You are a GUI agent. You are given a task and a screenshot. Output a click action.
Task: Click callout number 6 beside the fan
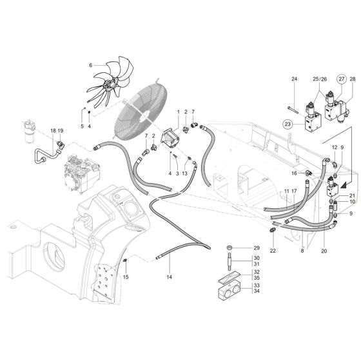[x=91, y=64]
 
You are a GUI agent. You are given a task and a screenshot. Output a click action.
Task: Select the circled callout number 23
[x=288, y=122]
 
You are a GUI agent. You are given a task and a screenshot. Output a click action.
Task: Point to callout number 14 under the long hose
[x=170, y=278]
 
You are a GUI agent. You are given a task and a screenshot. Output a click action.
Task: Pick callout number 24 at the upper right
[x=293, y=80]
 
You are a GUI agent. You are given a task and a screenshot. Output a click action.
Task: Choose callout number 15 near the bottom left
[x=126, y=277]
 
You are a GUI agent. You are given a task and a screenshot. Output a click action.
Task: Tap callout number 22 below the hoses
[x=273, y=250]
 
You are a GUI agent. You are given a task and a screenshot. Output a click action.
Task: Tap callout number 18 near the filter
[x=53, y=131]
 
